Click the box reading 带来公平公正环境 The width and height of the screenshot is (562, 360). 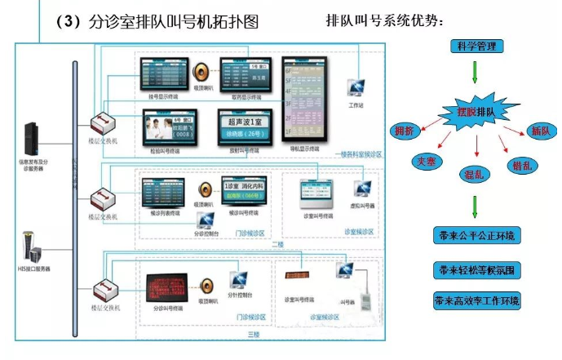click(476, 237)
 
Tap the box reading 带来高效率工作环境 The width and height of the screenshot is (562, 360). click(476, 300)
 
